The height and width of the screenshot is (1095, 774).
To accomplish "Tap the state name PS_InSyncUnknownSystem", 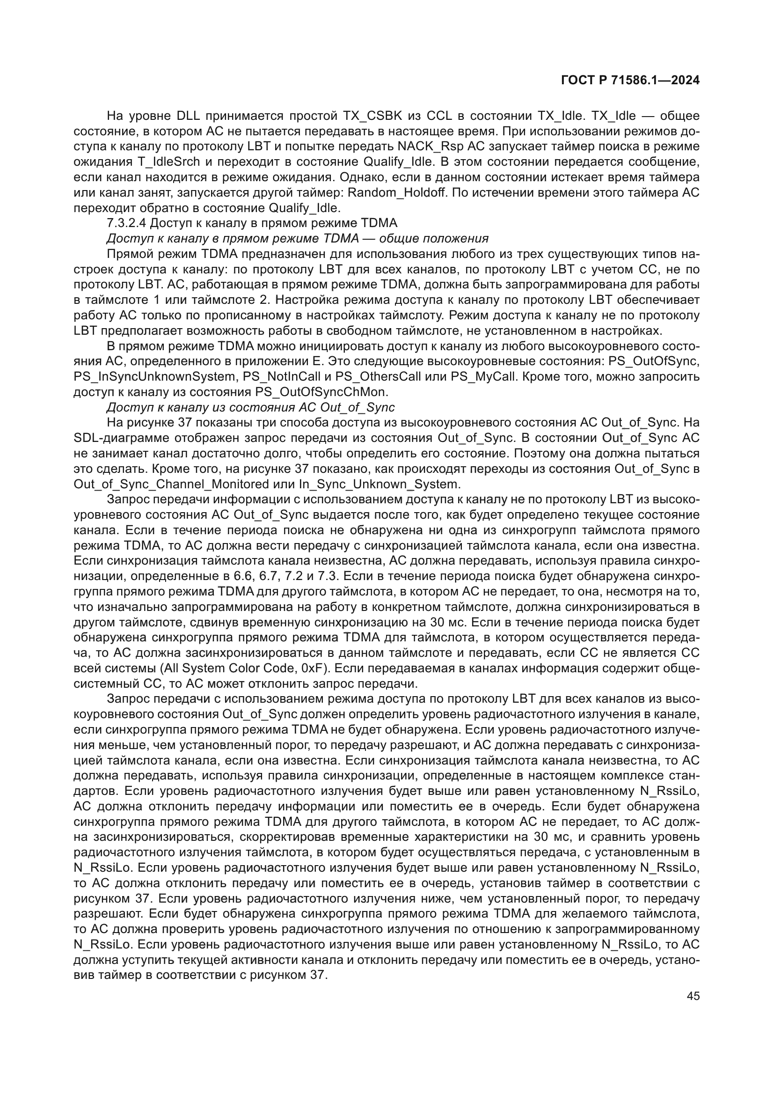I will click(155, 377).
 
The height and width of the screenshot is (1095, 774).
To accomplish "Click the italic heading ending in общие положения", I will click(298, 238).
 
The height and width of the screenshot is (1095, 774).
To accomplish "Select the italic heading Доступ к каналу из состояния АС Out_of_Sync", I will click(251, 407).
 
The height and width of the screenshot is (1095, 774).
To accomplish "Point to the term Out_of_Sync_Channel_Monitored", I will click(172, 484).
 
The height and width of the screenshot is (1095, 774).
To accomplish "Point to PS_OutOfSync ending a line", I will click(661, 361).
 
